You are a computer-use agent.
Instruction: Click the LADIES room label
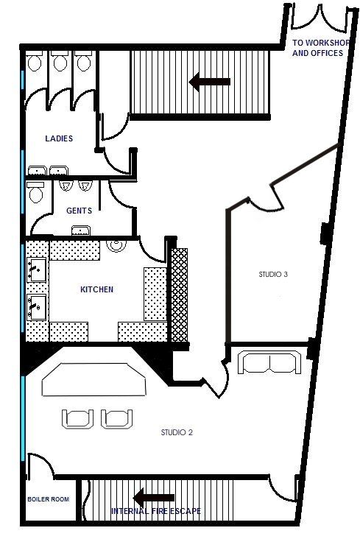(x=59, y=138)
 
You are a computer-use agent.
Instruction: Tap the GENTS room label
(x=79, y=211)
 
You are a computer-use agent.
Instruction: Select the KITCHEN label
(x=96, y=289)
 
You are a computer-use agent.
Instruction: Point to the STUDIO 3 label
(x=273, y=275)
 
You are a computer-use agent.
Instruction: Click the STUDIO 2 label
(x=177, y=432)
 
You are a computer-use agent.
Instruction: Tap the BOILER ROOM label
(x=48, y=499)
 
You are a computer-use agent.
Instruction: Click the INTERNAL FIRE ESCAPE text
(x=156, y=511)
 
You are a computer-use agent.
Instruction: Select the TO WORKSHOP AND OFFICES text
(x=320, y=48)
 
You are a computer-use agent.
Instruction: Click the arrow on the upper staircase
(x=209, y=82)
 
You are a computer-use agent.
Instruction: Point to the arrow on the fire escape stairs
(x=154, y=498)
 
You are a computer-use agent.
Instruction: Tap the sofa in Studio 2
(x=269, y=362)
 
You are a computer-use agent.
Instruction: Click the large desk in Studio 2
(x=94, y=379)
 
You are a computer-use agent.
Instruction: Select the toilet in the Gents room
(x=35, y=192)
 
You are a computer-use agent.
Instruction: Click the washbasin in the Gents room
(x=81, y=230)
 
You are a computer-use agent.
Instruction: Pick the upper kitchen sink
(x=37, y=269)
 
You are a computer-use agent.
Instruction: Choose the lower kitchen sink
(x=37, y=306)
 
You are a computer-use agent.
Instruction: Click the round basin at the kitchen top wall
(x=116, y=245)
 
